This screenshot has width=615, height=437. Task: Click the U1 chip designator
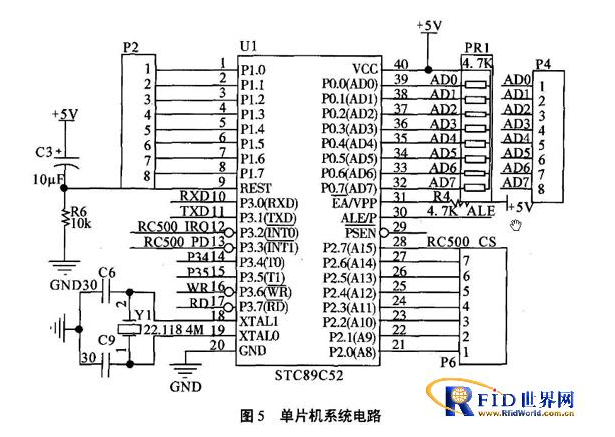[x=247, y=47]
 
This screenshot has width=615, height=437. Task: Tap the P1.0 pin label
[x=251, y=69]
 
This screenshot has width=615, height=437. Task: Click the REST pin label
[x=254, y=186]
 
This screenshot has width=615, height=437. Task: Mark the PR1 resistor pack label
[x=475, y=47]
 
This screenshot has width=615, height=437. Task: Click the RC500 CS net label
[x=462, y=241]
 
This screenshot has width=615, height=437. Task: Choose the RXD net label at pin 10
[x=194, y=195]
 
